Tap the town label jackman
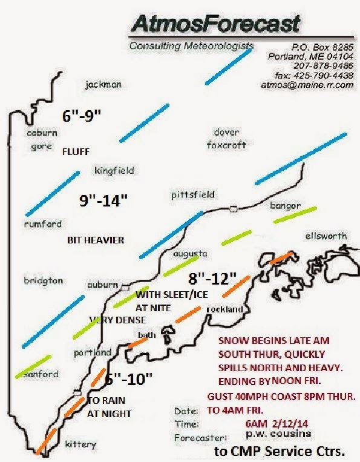(103, 85)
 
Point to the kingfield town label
(114, 171)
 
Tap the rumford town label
(43, 223)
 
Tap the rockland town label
(224, 309)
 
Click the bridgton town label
(42, 281)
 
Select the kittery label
(80, 444)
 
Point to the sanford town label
(41, 374)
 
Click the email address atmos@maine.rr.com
(307, 85)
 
